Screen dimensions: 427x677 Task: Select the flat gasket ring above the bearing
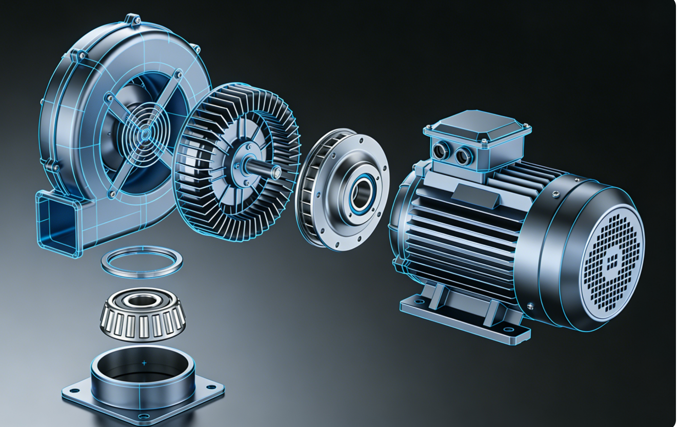click(142, 262)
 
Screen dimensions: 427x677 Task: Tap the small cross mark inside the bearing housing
click(144, 363)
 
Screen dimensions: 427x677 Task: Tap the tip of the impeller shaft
click(276, 171)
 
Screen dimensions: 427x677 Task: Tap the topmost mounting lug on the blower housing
click(132, 21)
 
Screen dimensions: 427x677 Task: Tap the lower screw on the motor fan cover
click(530, 306)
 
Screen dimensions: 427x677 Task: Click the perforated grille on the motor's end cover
click(613, 257)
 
